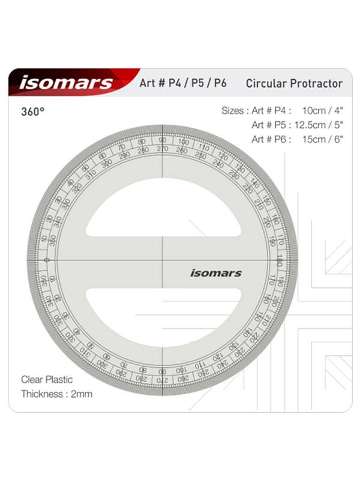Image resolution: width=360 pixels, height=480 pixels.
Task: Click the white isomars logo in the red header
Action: click(x=65, y=83)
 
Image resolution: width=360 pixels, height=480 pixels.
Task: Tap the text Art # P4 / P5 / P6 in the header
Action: click(x=182, y=83)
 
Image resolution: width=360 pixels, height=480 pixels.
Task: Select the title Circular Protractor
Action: click(x=294, y=83)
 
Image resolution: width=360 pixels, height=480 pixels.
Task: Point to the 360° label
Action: click(x=33, y=112)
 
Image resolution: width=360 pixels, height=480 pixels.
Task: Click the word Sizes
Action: click(x=233, y=110)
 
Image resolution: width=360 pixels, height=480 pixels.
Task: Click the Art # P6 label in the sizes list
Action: click(x=271, y=139)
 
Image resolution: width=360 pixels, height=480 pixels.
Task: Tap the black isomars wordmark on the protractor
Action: click(x=216, y=273)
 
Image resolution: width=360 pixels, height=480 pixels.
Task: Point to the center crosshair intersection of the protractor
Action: click(x=162, y=260)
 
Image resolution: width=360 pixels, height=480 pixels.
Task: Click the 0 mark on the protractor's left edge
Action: click(x=47, y=260)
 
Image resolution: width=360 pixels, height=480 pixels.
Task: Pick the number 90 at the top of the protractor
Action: click(x=162, y=140)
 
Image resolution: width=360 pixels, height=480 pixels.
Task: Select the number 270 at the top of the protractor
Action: click(x=162, y=149)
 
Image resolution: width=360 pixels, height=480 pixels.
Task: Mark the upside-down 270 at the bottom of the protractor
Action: click(x=162, y=380)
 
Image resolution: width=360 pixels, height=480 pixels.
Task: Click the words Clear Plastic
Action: click(x=47, y=379)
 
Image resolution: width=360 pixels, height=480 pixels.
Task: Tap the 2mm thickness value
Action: click(x=82, y=394)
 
